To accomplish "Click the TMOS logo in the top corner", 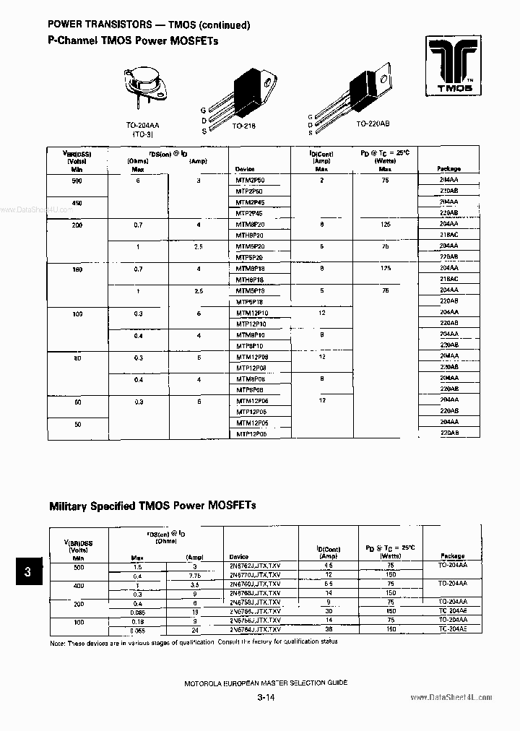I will [x=454, y=67].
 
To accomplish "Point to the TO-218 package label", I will [x=244, y=126].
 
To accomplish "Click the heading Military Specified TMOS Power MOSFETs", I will [x=152, y=505].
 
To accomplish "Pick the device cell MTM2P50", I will [x=250, y=179].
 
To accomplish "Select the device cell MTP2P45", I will [x=250, y=214].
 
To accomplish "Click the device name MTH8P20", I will [x=250, y=236].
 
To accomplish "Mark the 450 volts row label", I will [x=77, y=203].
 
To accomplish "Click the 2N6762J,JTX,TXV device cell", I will [x=255, y=566].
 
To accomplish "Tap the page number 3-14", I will [x=265, y=698].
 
